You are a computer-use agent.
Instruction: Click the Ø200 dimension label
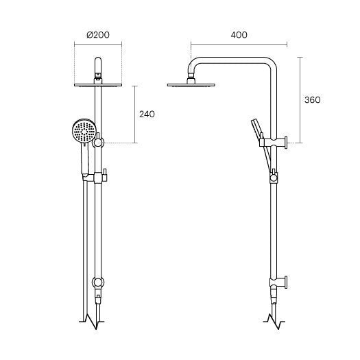(98, 35)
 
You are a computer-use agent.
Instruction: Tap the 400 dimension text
(239, 35)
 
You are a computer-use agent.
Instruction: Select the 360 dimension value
(313, 100)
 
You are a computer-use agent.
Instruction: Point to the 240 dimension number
(147, 114)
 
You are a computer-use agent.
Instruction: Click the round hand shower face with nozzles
(84, 132)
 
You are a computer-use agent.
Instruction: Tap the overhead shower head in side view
(191, 85)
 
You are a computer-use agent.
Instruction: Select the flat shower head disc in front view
(98, 85)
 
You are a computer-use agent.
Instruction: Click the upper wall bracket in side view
(273, 143)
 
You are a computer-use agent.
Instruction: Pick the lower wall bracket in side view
(278, 283)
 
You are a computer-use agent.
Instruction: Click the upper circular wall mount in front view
(98, 143)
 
